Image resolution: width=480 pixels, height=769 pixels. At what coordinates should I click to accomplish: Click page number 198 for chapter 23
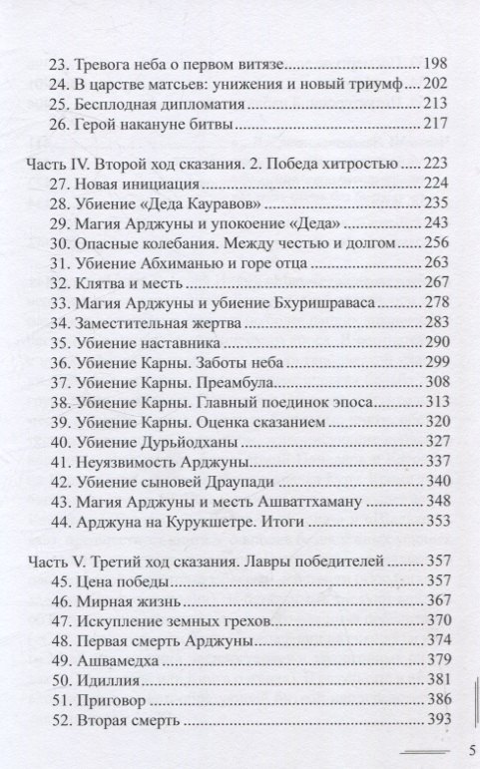[x=436, y=59]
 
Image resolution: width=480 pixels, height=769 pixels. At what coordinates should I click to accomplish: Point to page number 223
[x=436, y=165]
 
